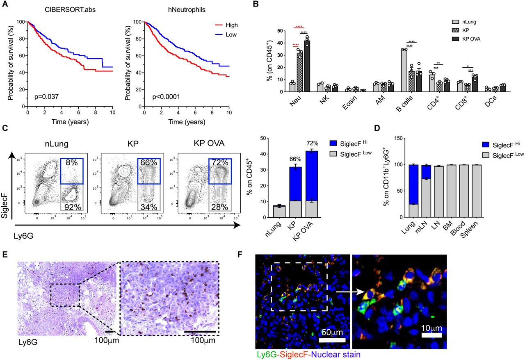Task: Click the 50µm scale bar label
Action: click(x=332, y=331)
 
